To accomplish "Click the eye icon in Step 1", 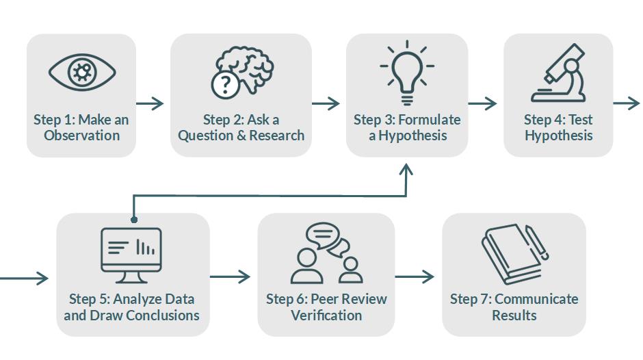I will click(82, 71).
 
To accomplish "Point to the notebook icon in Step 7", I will click(514, 254).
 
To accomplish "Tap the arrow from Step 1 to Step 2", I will click(150, 103).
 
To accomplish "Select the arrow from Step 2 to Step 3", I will click(326, 103).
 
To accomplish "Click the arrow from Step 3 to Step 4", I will click(483, 103).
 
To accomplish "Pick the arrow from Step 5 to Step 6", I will click(231, 277).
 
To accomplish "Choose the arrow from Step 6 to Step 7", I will click(415, 277).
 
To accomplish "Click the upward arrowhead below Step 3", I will click(406, 171).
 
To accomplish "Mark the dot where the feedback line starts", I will click(134, 220).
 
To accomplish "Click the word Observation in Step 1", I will click(81, 136).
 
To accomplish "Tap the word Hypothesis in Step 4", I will click(558, 136).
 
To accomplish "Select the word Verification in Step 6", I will click(326, 316).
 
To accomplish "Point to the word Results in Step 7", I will click(514, 316).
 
